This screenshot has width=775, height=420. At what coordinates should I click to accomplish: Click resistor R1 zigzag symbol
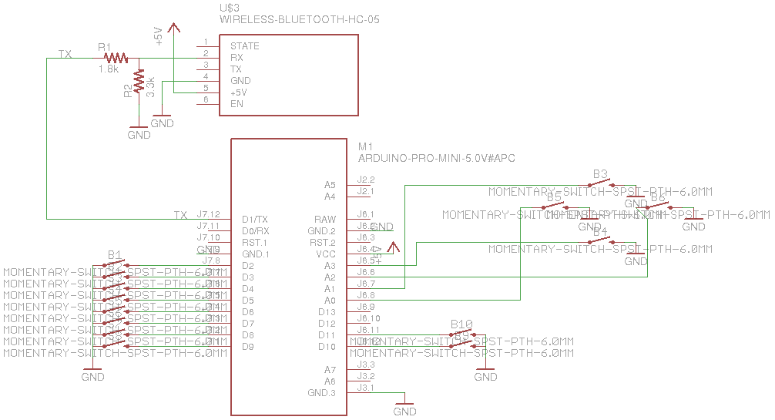116,58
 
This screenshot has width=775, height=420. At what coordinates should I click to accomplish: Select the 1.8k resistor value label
108,69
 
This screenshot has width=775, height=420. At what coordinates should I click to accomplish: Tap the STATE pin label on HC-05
244,46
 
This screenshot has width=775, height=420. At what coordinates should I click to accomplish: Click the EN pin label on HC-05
237,104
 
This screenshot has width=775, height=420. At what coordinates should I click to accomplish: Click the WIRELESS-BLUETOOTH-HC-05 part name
300,19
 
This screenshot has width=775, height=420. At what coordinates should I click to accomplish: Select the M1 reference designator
365,146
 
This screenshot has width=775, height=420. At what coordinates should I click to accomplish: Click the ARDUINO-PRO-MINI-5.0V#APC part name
436,158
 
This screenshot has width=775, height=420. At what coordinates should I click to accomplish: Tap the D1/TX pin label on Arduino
254,220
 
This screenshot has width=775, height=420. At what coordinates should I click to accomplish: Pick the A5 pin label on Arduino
330,185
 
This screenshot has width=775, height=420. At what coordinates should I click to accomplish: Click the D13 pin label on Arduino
327,312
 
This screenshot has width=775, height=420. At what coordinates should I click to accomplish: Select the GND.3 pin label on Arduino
322,393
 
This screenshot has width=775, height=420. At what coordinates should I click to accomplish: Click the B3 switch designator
601,173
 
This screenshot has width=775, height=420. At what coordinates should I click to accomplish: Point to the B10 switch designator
461,324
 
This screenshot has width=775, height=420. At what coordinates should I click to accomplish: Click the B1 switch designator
116,254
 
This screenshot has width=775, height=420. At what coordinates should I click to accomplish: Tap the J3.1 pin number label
366,388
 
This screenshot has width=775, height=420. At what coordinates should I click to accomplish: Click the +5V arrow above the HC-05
173,28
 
